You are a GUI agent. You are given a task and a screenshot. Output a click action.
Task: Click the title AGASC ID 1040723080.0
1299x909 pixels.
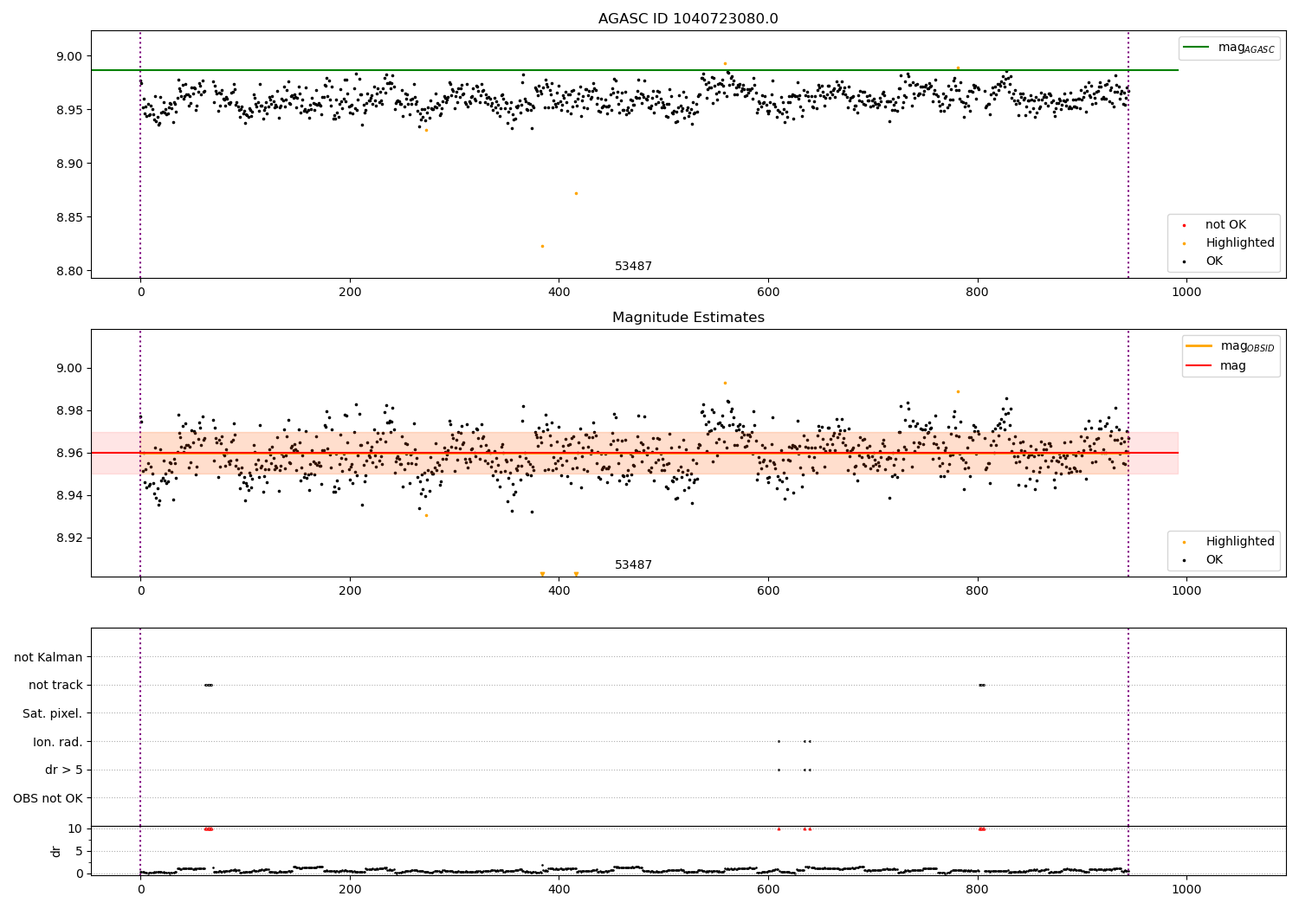click(x=688, y=19)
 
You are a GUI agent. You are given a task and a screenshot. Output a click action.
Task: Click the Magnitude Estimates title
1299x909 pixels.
click(x=688, y=318)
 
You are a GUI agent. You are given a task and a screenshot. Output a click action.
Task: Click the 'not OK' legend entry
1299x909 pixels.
click(x=1225, y=225)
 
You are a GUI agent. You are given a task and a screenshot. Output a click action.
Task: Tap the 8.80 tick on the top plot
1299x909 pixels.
click(x=68, y=271)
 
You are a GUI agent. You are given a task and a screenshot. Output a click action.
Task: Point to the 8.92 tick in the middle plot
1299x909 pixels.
click(x=68, y=538)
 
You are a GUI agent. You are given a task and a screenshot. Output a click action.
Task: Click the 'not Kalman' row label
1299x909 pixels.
click(x=48, y=657)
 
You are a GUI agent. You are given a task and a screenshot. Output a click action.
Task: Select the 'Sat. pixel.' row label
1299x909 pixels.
click(x=52, y=713)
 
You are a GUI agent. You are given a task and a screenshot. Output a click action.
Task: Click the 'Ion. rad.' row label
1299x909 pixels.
click(x=58, y=742)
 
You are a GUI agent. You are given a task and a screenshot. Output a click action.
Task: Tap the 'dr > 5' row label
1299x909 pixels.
click(x=64, y=770)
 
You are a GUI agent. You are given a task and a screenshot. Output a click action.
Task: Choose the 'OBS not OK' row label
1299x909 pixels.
click(x=48, y=798)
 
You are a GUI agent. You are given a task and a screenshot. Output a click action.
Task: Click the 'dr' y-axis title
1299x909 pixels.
click(x=56, y=851)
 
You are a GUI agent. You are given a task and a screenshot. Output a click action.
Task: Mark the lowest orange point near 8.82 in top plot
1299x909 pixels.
click(x=542, y=246)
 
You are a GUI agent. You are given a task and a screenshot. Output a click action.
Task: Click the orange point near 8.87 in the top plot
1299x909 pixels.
click(x=576, y=193)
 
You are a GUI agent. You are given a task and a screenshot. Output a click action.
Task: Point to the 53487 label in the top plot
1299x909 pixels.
click(x=633, y=267)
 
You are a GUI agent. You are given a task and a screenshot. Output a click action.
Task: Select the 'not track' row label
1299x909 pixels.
click(x=55, y=685)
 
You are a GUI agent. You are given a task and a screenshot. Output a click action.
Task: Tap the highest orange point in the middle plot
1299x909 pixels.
click(x=725, y=383)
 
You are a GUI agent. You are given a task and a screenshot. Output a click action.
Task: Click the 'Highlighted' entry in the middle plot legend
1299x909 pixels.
click(x=1239, y=542)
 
